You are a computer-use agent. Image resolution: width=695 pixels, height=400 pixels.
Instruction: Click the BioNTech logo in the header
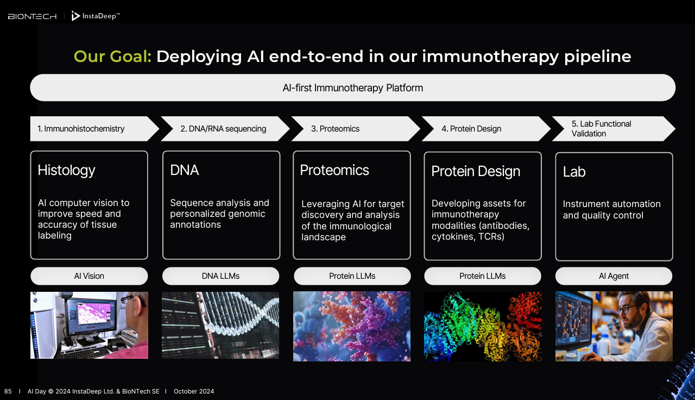click(x=32, y=16)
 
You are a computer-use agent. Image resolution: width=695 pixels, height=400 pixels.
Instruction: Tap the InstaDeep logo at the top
click(x=96, y=16)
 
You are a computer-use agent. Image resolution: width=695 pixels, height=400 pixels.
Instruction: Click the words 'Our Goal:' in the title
click(x=112, y=57)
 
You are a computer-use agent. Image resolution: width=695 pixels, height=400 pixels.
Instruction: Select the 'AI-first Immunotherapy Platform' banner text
click(x=352, y=88)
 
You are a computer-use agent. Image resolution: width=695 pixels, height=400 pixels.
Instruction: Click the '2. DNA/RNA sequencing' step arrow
click(x=225, y=129)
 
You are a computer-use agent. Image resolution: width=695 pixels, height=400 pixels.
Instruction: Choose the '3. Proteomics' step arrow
click(x=356, y=129)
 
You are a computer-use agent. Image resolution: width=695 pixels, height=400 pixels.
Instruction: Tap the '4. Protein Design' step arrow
click(x=486, y=129)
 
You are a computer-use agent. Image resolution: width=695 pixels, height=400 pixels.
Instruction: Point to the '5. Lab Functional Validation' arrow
click(x=614, y=129)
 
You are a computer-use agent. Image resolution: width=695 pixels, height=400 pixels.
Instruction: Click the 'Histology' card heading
click(x=66, y=171)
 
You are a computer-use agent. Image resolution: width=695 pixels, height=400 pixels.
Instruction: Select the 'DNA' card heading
click(x=184, y=170)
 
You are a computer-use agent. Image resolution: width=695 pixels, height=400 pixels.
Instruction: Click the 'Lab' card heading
click(x=574, y=172)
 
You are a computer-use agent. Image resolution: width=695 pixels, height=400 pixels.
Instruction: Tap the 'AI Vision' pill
click(x=89, y=276)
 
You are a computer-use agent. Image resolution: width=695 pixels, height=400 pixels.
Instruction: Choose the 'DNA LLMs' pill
click(x=220, y=276)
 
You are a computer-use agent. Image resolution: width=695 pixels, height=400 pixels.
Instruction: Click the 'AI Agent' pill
click(x=614, y=276)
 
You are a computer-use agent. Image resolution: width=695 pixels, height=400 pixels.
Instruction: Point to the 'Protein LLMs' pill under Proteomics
click(x=352, y=276)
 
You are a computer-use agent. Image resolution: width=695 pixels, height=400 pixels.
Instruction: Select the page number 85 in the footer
click(x=8, y=391)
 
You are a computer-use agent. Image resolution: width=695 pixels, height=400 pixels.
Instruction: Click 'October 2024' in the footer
click(x=194, y=391)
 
